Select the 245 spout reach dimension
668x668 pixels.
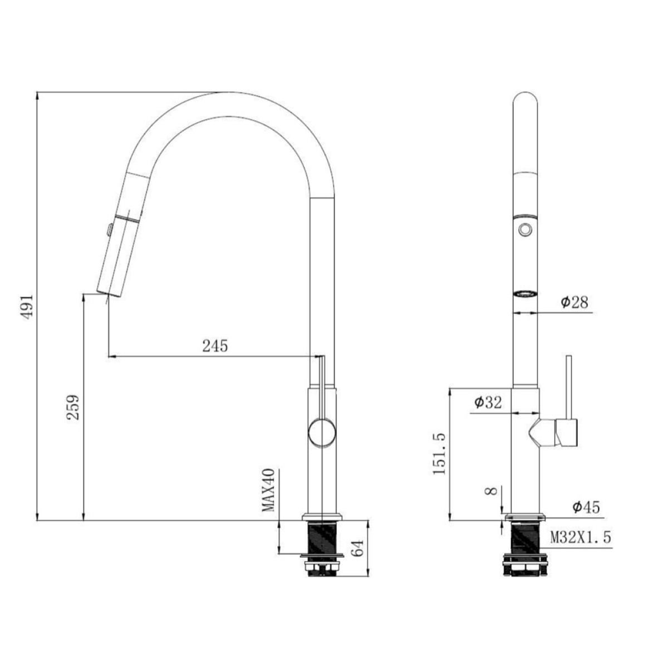[215, 346]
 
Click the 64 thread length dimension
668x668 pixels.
[358, 548]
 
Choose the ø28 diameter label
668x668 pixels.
[574, 302]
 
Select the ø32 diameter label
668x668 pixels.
[488, 402]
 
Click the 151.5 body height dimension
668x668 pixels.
[439, 454]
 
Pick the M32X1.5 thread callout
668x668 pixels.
[581, 538]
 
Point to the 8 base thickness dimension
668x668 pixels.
[490, 492]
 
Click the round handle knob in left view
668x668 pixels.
[322, 433]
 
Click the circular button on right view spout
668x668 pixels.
[524, 228]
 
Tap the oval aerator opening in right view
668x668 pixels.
[524, 293]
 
